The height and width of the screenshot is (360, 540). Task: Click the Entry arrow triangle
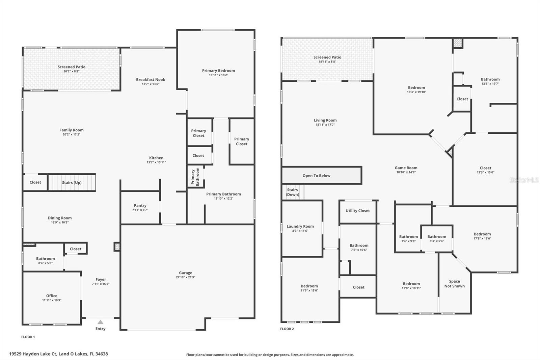pyautogui.click(x=100, y=322)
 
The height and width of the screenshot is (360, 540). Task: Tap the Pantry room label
pyautogui.click(x=140, y=205)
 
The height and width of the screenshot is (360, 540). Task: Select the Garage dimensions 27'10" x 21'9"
pyautogui.click(x=186, y=277)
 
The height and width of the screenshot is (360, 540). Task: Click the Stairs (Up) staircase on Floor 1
pyautogui.click(x=72, y=182)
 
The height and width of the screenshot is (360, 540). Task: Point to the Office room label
pyautogui.click(x=52, y=295)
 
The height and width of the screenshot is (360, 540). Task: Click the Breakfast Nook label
pyautogui.click(x=151, y=80)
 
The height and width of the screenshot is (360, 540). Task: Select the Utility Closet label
pyautogui.click(x=357, y=211)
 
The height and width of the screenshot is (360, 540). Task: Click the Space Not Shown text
pyautogui.click(x=454, y=284)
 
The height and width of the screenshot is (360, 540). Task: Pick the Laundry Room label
pyautogui.click(x=300, y=226)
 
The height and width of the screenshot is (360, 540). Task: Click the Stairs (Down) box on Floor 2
pyautogui.click(x=292, y=192)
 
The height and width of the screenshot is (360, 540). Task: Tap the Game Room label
pyautogui.click(x=406, y=168)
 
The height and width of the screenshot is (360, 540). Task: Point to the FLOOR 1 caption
pyautogui.click(x=28, y=337)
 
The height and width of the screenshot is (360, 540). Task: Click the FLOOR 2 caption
pyautogui.click(x=287, y=329)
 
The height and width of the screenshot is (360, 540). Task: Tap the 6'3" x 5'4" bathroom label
pyautogui.click(x=437, y=241)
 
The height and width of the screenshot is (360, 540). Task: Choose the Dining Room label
pyautogui.click(x=60, y=218)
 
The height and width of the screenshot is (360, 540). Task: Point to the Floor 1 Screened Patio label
pyautogui.click(x=71, y=67)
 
